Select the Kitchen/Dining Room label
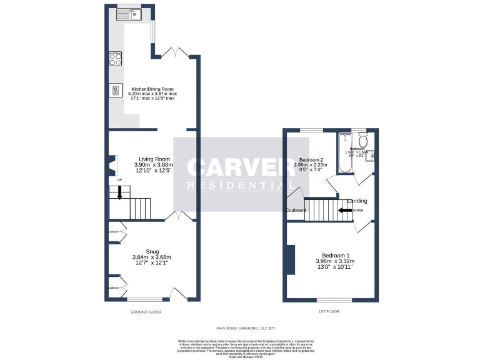click(x=152, y=88)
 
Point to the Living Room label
click(x=154, y=159)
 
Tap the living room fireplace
click(x=111, y=166)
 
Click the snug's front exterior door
click(x=177, y=294)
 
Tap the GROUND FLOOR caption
click(x=146, y=311)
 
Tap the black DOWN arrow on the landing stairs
click(x=344, y=210)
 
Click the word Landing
click(x=357, y=201)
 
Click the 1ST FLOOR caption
click(x=329, y=311)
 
